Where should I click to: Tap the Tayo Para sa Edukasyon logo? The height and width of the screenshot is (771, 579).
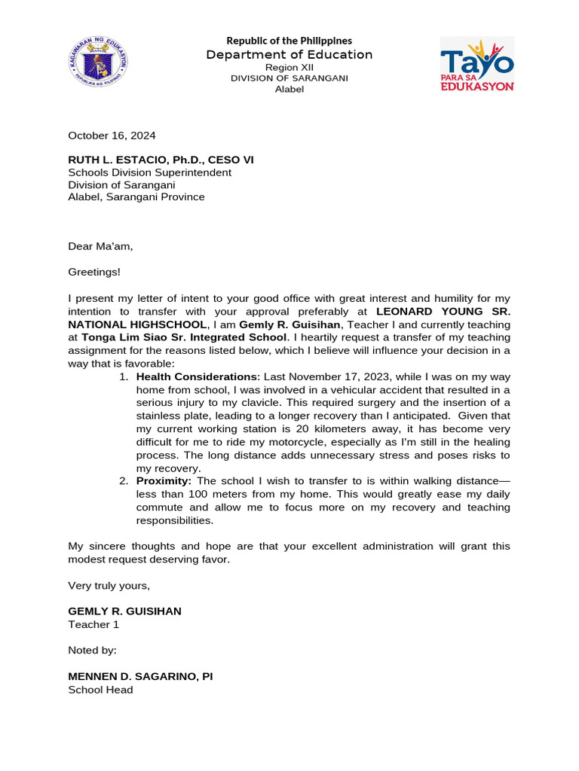[x=476, y=64]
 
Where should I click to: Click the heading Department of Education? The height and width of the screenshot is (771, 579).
[x=289, y=54]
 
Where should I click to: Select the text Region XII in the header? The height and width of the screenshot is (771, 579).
[x=289, y=67]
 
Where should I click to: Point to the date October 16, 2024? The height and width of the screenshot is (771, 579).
[x=112, y=136]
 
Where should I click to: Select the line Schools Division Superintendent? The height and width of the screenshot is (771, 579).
[x=149, y=172]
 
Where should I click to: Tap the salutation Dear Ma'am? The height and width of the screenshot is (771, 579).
[x=100, y=245]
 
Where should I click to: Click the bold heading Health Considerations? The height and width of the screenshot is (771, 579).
[x=197, y=376]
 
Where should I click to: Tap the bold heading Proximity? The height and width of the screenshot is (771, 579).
[x=164, y=480]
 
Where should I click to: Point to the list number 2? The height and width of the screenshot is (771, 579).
[x=123, y=480]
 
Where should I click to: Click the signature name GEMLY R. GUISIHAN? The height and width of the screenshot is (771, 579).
[x=124, y=611]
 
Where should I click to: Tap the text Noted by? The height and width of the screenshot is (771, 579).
[x=92, y=650]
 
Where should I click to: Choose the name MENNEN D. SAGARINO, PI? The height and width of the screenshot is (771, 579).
[x=140, y=676]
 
